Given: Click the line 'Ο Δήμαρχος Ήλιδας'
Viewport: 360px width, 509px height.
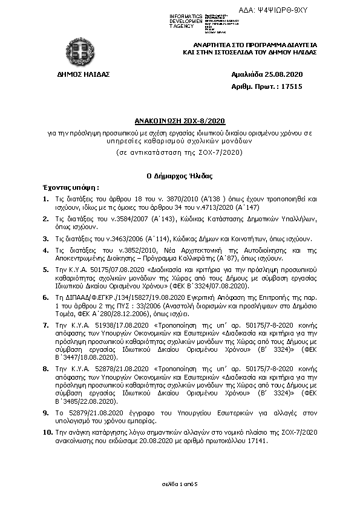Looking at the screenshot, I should coord(179,175).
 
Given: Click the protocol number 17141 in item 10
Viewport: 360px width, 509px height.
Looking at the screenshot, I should coord(254,441).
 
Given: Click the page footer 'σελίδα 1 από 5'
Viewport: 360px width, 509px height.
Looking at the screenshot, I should coord(179,485).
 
